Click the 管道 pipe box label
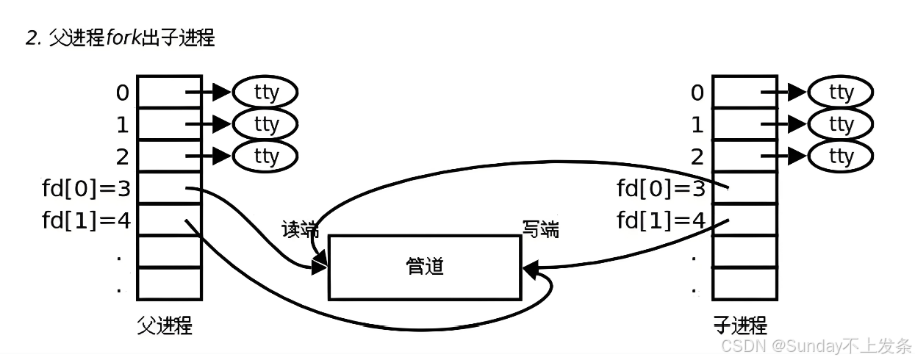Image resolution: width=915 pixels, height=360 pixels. point(425,266)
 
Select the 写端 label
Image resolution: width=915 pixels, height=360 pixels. point(540,230)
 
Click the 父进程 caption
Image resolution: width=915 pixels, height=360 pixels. point(165,325)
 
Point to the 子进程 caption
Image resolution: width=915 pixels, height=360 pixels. point(740,325)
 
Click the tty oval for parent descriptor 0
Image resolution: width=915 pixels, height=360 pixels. point(266,93)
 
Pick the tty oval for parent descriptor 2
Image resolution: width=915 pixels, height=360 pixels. point(266,156)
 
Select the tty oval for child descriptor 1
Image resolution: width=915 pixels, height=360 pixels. point(841,124)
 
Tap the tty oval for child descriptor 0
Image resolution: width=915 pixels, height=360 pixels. point(841,93)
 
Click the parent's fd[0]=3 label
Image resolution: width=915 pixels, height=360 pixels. point(86,189)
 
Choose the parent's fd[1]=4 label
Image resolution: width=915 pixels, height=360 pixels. point(86,220)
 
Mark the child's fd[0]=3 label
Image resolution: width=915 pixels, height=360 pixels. point(661,189)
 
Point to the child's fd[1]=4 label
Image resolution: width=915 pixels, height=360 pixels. point(661,220)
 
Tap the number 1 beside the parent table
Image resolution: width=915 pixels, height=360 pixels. point(122,125)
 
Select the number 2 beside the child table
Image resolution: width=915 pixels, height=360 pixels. point(697,156)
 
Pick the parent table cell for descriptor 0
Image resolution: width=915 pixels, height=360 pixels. point(169,92)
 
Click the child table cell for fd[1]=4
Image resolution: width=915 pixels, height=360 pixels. point(744,219)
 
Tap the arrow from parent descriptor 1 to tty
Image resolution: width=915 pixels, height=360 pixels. point(208,124)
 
